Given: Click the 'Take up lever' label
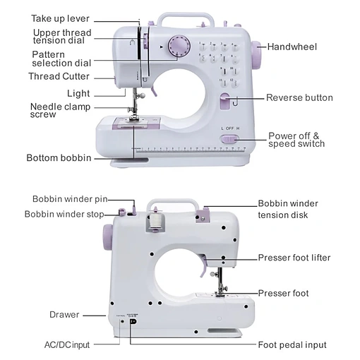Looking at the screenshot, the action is (60, 18).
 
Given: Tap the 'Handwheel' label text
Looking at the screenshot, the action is (292, 47).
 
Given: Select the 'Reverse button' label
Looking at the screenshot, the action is (299, 97).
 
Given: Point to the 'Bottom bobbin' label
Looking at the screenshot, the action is (59, 158).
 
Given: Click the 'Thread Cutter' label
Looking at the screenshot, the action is (59, 76).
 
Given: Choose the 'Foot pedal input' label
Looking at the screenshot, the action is (292, 345).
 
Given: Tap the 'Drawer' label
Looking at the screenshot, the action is (64, 315).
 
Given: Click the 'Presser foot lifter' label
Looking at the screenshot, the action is (294, 258).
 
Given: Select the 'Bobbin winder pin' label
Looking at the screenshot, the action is (70, 199).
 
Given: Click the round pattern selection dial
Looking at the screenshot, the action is (179, 46).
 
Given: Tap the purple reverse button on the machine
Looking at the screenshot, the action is (225, 101).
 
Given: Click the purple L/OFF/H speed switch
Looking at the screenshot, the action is (229, 139).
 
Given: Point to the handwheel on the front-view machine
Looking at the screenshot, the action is (256, 56).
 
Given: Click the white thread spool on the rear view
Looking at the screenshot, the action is (155, 220).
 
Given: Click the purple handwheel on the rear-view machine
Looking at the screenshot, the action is (107, 237).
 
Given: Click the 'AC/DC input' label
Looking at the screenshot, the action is (67, 345).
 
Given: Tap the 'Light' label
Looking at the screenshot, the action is (78, 94).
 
